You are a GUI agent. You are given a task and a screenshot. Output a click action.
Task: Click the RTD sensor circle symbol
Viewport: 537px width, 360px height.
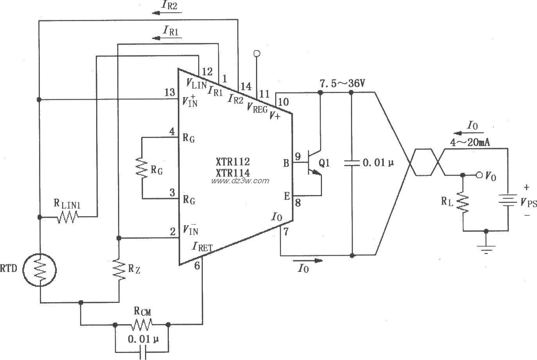click(x=39, y=270)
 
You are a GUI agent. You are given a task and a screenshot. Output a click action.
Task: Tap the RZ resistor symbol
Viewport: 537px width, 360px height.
click(x=118, y=269)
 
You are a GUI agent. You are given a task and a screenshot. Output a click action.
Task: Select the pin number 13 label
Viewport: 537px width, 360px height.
click(x=170, y=93)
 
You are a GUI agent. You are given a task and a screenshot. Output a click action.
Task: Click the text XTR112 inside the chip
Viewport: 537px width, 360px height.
click(x=233, y=161)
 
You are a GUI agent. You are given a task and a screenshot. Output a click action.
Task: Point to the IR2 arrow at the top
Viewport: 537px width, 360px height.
click(x=160, y=13)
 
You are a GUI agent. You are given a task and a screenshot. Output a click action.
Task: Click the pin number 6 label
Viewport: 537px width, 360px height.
click(x=197, y=266)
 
